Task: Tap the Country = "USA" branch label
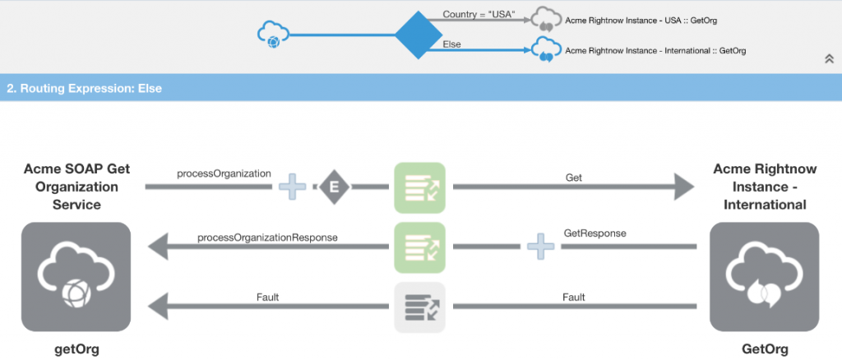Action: pyautogui.click(x=478, y=14)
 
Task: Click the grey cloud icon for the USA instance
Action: pyautogui.click(x=544, y=18)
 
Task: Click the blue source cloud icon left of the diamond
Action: pyautogui.click(x=272, y=35)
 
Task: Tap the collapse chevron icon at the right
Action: pyautogui.click(x=829, y=58)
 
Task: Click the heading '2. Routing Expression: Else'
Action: pyautogui.click(x=85, y=88)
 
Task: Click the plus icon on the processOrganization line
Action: pyautogui.click(x=292, y=187)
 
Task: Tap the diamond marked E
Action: pyautogui.click(x=333, y=187)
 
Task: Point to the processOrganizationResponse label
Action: pyautogui.click(x=267, y=238)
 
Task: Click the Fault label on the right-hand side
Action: pyautogui.click(x=574, y=296)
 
